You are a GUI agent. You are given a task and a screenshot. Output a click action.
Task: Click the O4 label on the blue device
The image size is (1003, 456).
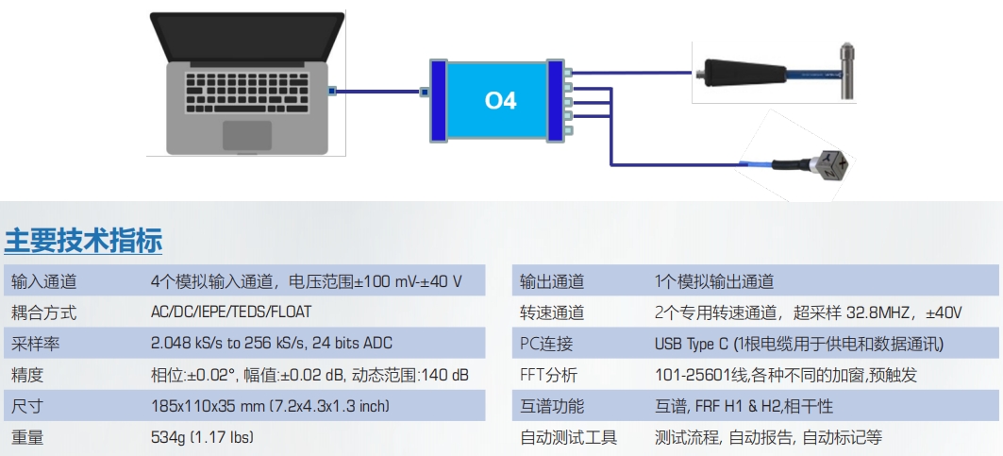pos(501,101)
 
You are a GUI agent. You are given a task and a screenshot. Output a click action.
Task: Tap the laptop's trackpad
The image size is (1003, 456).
pos(247,134)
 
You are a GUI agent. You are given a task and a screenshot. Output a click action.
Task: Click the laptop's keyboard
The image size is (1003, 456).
pos(247,93)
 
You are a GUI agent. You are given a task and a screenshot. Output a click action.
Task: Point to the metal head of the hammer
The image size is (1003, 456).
pos(846,71)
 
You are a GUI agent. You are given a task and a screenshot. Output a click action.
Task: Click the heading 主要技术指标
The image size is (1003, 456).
pos(83,241)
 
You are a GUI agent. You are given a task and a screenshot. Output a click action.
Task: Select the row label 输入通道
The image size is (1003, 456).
pos(43,281)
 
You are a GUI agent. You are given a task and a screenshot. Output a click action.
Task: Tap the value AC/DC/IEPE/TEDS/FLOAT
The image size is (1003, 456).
pos(231,312)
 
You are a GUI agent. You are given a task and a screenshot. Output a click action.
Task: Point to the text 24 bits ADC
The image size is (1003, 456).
pos(352,344)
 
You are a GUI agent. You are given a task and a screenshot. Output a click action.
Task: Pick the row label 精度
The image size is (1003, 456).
pos(27,375)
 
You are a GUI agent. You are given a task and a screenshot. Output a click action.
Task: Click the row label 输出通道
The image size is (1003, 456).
pos(552,281)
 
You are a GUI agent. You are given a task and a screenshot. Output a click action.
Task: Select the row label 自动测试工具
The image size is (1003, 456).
pos(569,437)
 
